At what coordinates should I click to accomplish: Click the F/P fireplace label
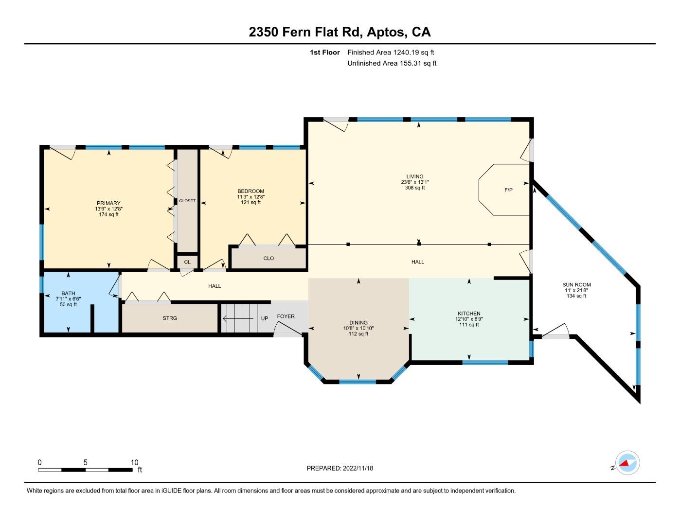pyautogui.click(x=508, y=190)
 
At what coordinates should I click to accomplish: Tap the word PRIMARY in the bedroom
pyautogui.click(x=108, y=203)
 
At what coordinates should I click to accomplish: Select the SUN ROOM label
pyautogui.click(x=576, y=285)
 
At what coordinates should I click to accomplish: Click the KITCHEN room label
pyautogui.click(x=469, y=314)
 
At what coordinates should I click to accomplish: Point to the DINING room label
pyautogui.click(x=358, y=323)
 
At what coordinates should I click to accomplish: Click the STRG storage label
pyautogui.click(x=170, y=318)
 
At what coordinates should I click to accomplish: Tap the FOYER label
pyautogui.click(x=286, y=316)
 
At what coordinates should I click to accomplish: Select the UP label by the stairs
pyautogui.click(x=265, y=319)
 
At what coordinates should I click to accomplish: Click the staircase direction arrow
pyautogui.click(x=238, y=319)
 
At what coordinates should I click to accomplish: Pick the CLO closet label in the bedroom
pyautogui.click(x=268, y=259)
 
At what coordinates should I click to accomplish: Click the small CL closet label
pyautogui.click(x=187, y=262)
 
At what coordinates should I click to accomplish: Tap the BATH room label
pyautogui.click(x=68, y=294)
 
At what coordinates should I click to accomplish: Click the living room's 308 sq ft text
pyautogui.click(x=415, y=188)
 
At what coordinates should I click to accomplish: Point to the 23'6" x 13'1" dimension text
pyautogui.click(x=415, y=182)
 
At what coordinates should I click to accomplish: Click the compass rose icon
pyautogui.click(x=627, y=463)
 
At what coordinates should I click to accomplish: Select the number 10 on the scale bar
pyautogui.click(x=134, y=463)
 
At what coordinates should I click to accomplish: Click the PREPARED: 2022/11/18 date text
pyautogui.click(x=340, y=468)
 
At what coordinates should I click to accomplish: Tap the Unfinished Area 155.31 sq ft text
pyautogui.click(x=392, y=63)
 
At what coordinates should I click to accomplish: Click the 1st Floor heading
pyautogui.click(x=324, y=52)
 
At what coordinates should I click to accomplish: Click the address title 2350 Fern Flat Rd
pyautogui.click(x=304, y=32)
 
